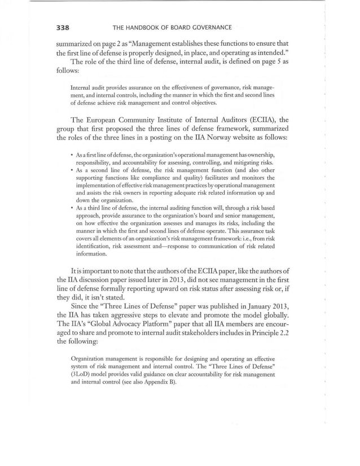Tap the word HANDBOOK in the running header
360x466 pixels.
pos(147,27)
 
